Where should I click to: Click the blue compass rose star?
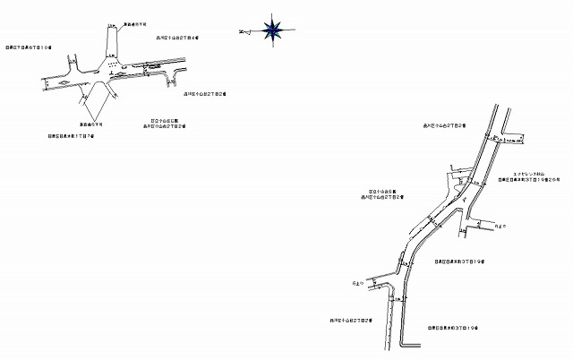270,30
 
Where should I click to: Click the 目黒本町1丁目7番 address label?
69,137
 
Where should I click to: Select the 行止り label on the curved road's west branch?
359,285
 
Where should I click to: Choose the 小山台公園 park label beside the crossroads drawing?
167,120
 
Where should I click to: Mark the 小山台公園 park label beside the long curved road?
387,190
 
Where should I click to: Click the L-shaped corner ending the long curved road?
405,344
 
